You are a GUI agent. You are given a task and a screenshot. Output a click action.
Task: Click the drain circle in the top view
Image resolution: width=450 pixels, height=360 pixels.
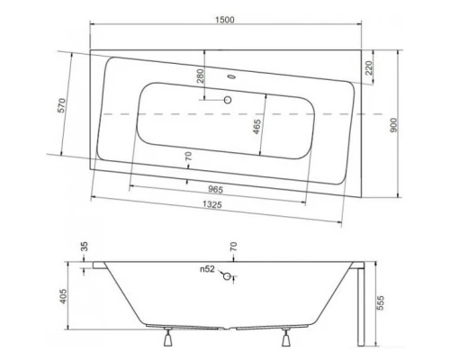tap(229, 102)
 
